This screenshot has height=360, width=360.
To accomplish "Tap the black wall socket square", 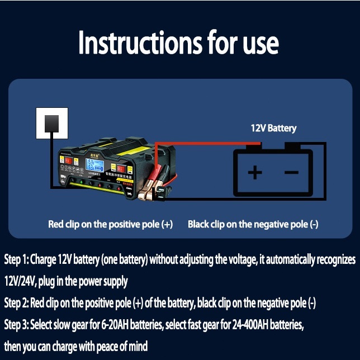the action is (52, 122).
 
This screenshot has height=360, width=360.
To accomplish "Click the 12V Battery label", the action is (273, 129).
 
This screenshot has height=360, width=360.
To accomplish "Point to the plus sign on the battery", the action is (254, 172).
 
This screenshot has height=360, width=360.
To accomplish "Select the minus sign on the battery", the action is (292, 172).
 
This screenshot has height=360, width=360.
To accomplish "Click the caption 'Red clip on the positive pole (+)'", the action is (110, 225).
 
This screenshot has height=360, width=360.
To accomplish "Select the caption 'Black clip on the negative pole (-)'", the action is (253, 225).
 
